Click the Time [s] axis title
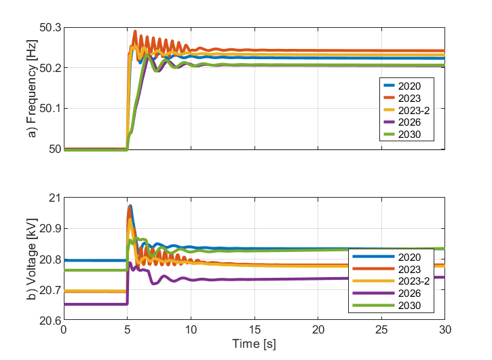click(x=253, y=344)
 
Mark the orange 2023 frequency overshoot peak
click(x=135, y=31)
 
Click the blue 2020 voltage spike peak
click(x=130, y=206)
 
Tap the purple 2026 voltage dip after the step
click(x=154, y=283)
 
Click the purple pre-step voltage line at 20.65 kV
click(x=95, y=304)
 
